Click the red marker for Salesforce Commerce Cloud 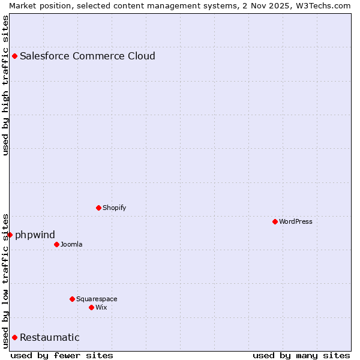click(x=14, y=56)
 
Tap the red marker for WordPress click(x=275, y=221)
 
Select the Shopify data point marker click(x=98, y=208)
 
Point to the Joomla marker click(x=56, y=244)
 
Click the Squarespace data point click(x=72, y=299)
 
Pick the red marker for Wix click(x=91, y=307)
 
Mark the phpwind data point click(x=10, y=235)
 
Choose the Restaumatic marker click(x=14, y=337)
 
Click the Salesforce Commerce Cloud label click(x=87, y=56)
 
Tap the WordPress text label click(x=295, y=221)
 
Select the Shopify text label click(x=114, y=208)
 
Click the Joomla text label click(x=71, y=244)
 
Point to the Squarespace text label click(x=97, y=299)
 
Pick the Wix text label click(x=101, y=307)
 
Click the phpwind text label click(x=35, y=235)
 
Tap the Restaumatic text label click(x=49, y=337)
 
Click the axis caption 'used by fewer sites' click(x=62, y=355)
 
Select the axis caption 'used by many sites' click(x=301, y=355)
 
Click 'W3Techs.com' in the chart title click(x=322, y=5)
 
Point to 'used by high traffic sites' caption click(x=5, y=85)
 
